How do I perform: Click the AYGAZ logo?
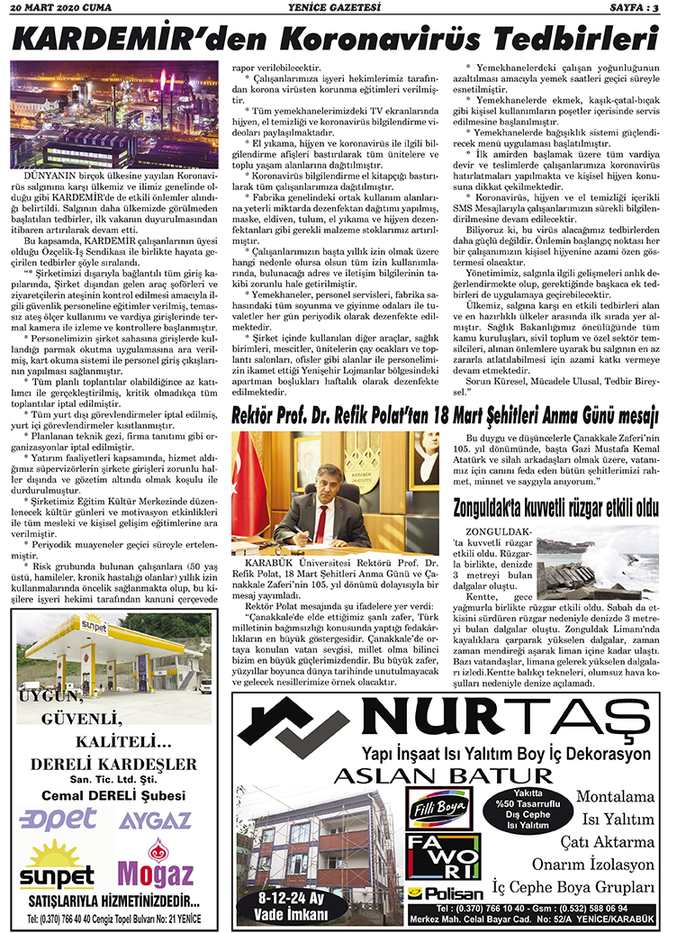156,820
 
